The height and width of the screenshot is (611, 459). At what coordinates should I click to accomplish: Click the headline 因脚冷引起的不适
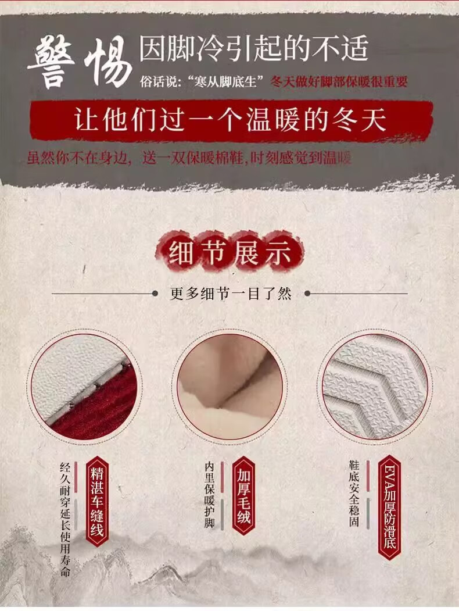253,49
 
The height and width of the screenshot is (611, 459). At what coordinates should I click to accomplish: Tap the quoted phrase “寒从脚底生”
226,82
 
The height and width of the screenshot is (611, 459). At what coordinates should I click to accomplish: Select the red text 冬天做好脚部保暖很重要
339,82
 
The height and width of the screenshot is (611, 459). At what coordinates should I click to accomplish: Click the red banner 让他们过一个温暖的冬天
231,120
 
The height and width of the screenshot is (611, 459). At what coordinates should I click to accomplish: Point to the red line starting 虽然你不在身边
189,158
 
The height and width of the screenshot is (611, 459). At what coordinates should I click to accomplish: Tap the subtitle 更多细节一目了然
231,294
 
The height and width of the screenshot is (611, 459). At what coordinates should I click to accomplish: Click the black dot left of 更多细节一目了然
155,294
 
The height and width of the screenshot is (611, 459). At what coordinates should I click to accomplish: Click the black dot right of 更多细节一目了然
307,294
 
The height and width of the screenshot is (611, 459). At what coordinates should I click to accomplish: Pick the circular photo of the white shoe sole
375,386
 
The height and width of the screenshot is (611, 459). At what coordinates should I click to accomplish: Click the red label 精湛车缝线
97,502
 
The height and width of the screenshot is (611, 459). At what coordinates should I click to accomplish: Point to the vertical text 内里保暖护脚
209,495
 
